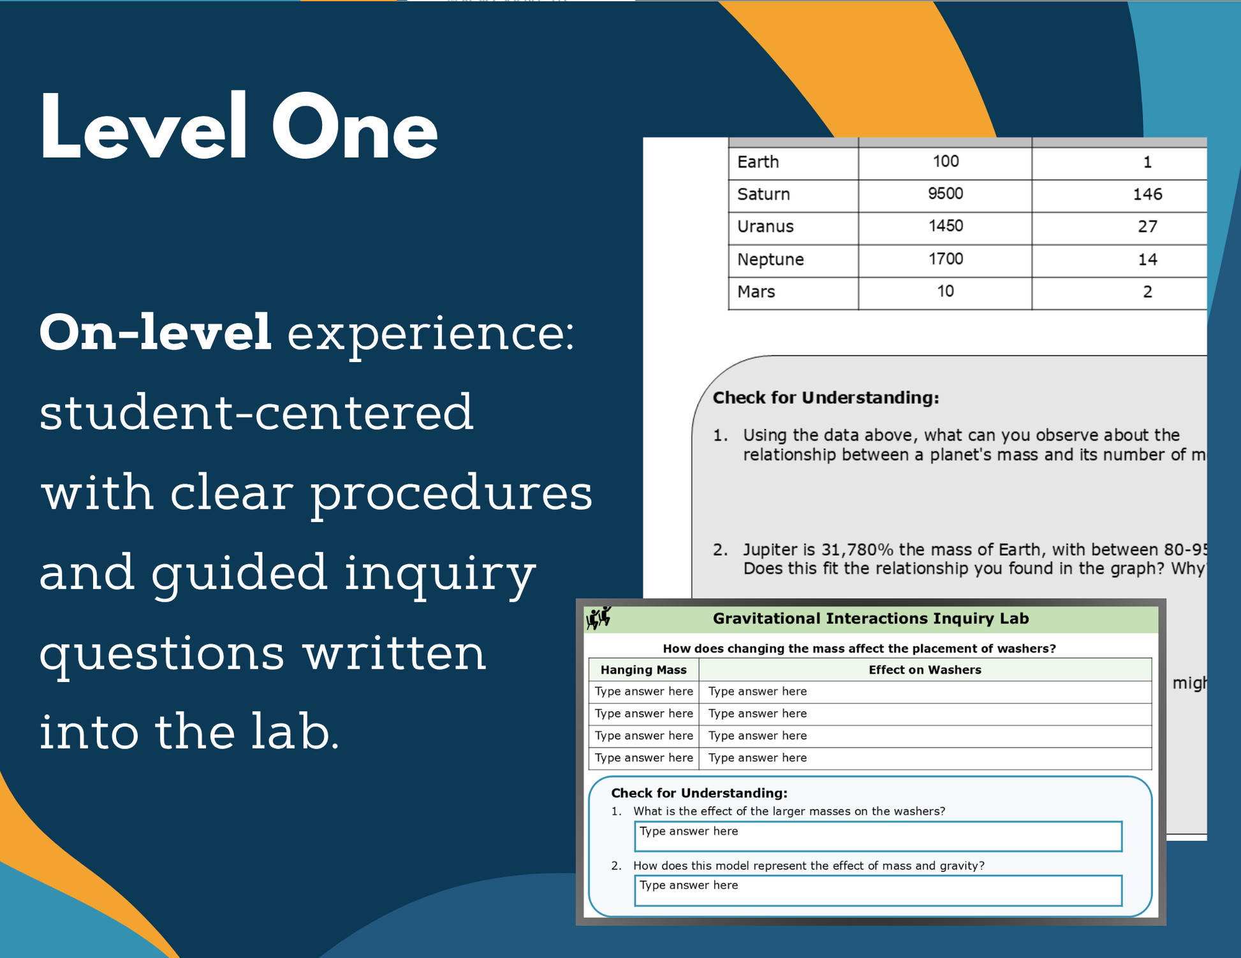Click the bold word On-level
point(156,332)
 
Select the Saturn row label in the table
point(763,194)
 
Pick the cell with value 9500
point(945,194)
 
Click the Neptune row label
point(770,259)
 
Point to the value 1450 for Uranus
point(945,226)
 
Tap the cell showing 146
point(1147,194)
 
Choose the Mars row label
point(756,292)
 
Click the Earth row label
point(758,162)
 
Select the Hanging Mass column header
point(643,670)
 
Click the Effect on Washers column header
point(925,670)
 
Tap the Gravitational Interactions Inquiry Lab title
point(870,618)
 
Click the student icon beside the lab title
point(599,618)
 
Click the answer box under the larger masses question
point(878,836)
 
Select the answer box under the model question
point(878,890)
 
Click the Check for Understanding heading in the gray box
point(826,398)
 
